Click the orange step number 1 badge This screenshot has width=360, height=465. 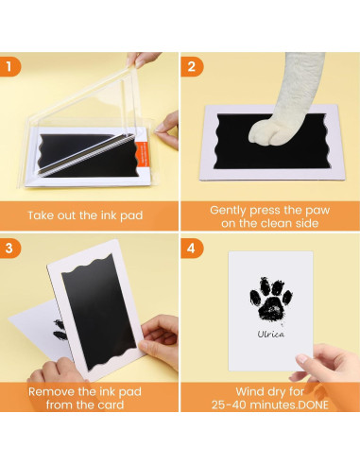[9, 66]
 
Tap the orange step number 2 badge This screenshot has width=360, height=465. [192, 66]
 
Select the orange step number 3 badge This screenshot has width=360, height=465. [9, 248]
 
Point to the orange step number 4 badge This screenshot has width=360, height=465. [192, 248]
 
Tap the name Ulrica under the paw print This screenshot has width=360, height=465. [271, 334]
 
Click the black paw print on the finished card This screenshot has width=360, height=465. [271, 300]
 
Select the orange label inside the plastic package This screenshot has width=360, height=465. [141, 156]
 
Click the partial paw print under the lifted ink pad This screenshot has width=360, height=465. [60, 329]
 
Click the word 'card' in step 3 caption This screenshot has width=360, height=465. [111, 405]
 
